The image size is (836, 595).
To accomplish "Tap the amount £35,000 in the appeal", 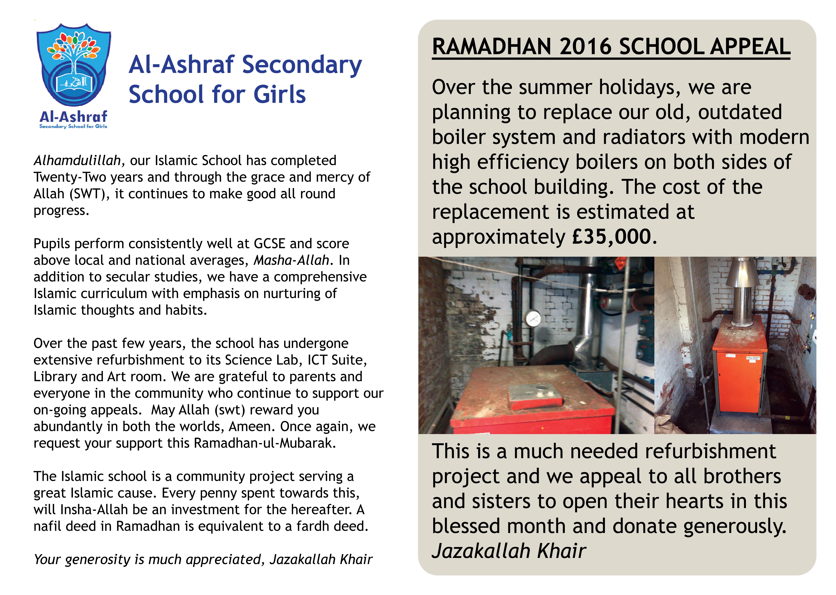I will [x=612, y=237].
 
